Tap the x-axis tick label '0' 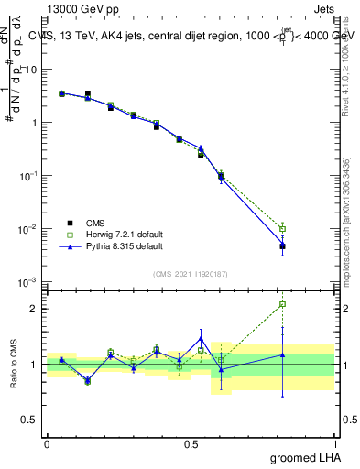click(x=47, y=443)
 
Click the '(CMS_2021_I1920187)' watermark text click(x=190, y=273)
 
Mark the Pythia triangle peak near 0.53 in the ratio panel click(x=201, y=338)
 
